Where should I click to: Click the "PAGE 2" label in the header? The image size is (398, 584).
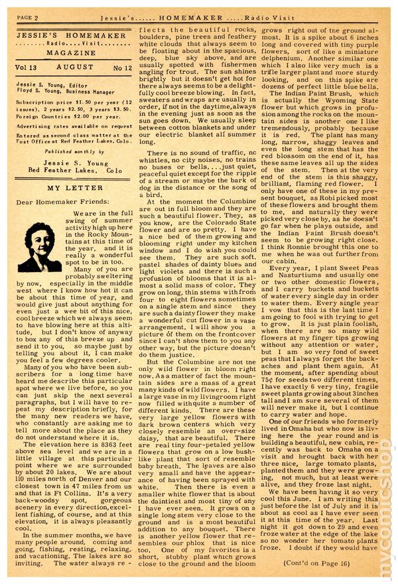coord(29,17)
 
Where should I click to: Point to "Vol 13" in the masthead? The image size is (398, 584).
coord(28,68)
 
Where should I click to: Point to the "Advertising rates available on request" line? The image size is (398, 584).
coord(74,125)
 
